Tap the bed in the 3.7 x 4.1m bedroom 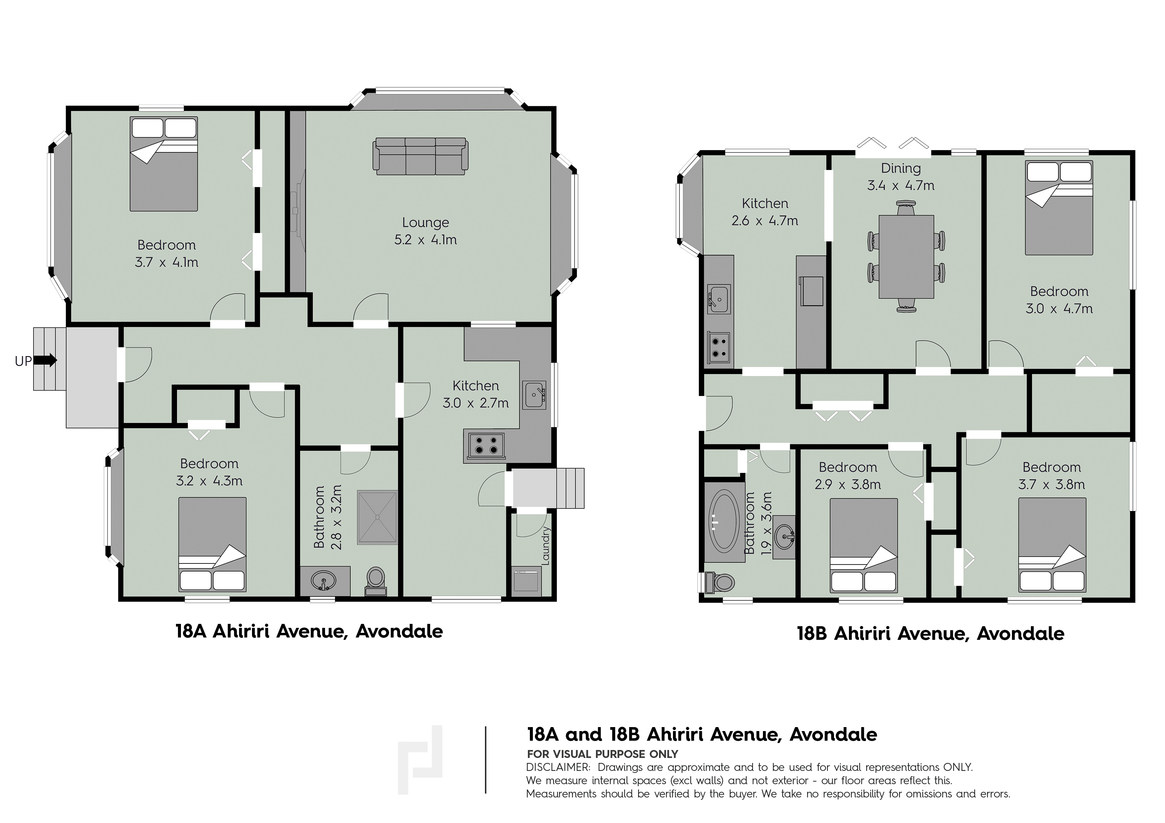[x=163, y=164]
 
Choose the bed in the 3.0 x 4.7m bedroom [x=1058, y=208]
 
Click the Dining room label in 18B [x=901, y=168]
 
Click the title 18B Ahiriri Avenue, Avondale [x=931, y=634]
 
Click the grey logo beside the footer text [x=420, y=760]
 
